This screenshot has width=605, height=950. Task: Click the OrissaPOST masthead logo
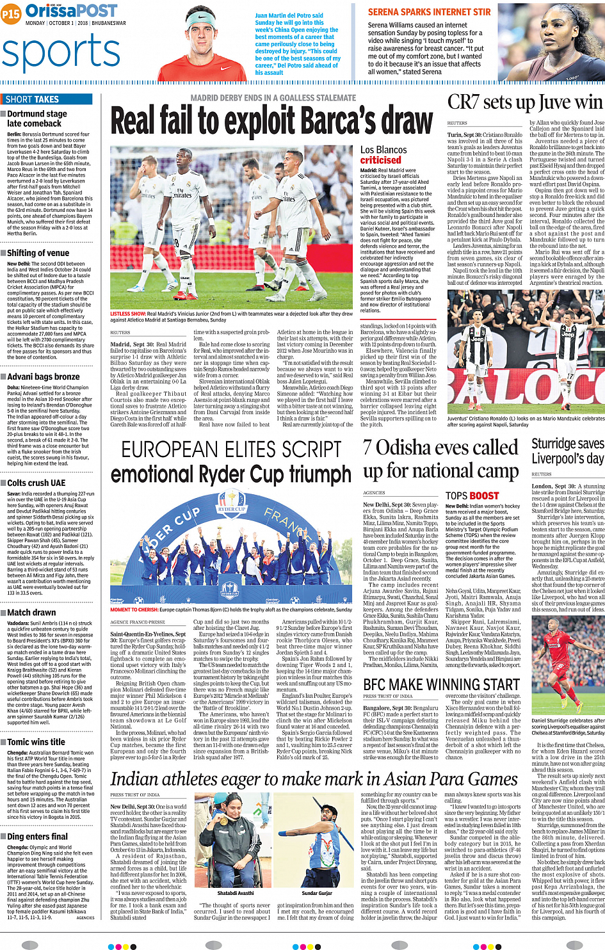point(71,11)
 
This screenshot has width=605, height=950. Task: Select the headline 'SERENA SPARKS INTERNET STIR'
point(429,12)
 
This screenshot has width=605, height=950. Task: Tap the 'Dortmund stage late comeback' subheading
point(36,118)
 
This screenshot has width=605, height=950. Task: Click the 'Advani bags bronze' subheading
point(43,377)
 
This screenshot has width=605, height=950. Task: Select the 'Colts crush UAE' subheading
point(36,483)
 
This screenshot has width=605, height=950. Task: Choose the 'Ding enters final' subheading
point(37,836)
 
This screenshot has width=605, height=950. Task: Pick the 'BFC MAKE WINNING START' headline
point(441,684)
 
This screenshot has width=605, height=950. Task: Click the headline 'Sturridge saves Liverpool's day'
point(567,451)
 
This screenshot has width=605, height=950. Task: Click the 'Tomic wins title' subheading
point(36,742)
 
